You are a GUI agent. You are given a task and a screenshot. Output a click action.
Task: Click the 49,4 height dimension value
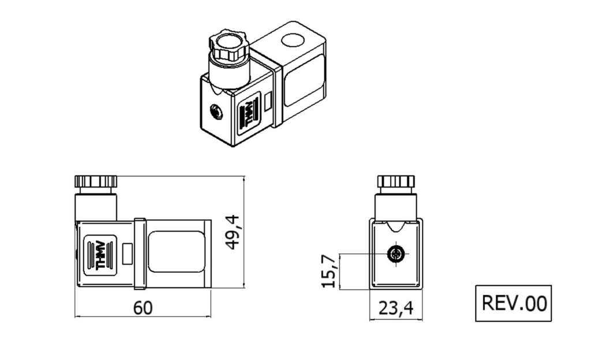(x=232, y=231)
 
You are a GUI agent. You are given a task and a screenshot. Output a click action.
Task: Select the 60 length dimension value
(x=143, y=307)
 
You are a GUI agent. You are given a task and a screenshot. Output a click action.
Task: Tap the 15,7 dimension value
(x=330, y=272)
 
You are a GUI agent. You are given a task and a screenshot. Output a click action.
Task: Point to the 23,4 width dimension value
(x=395, y=309)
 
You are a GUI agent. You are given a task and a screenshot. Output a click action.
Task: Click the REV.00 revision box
(x=513, y=303)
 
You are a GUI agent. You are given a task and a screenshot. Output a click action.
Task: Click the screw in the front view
(x=396, y=254)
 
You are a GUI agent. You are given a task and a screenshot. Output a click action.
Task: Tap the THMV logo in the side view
(x=100, y=254)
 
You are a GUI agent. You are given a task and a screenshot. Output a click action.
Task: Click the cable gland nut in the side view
(x=96, y=181)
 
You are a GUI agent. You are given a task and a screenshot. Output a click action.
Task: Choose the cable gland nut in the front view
(x=396, y=181)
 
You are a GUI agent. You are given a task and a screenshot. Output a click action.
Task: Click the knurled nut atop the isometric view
(x=229, y=47)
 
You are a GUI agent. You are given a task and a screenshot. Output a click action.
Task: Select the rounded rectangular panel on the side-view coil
(x=176, y=251)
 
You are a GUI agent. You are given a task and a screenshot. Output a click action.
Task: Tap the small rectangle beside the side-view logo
(x=128, y=252)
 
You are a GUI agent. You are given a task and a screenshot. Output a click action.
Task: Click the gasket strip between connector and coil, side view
(x=139, y=254)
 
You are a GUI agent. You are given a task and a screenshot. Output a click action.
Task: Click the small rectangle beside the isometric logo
(x=268, y=102)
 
